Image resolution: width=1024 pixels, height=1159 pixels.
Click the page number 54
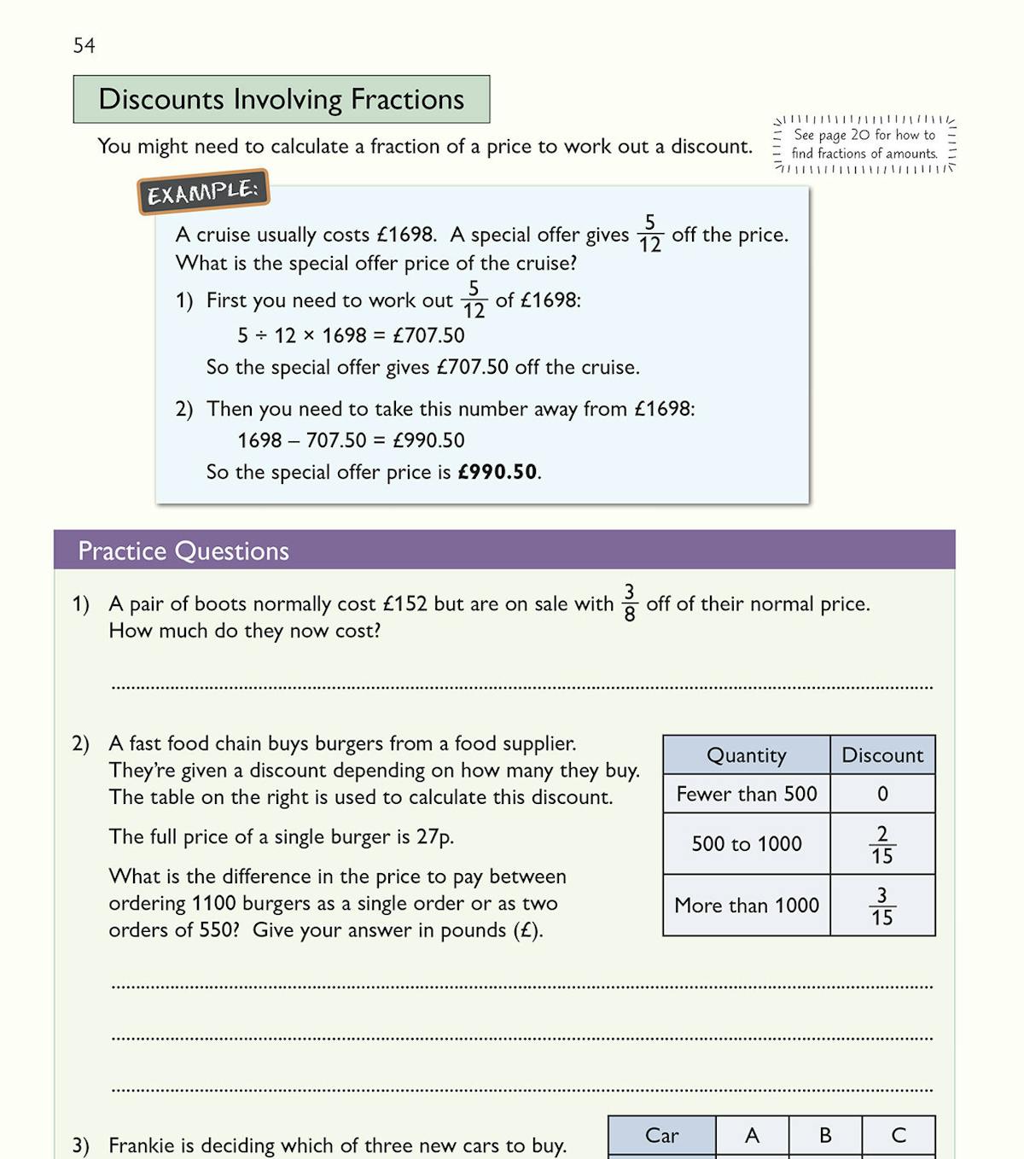point(84,45)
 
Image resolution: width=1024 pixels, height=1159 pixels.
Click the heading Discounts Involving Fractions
point(281,99)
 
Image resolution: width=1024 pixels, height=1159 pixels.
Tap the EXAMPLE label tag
point(203,192)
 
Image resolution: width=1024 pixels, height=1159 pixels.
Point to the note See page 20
point(864,144)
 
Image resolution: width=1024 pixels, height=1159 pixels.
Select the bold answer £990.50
point(497,472)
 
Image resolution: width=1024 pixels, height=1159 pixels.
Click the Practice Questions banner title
point(183,550)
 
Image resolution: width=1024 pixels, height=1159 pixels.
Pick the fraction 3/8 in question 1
point(630,603)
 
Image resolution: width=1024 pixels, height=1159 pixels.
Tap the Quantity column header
point(747,755)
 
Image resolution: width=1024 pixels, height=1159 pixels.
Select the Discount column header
point(882,755)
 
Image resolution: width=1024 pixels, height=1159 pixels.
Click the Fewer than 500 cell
point(747,794)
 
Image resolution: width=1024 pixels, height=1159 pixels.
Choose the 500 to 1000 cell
point(747,843)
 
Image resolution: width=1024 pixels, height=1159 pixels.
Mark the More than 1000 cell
point(747,905)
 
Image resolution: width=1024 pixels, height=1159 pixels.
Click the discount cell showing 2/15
point(882,844)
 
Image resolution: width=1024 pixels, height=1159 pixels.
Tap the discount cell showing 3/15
point(882,906)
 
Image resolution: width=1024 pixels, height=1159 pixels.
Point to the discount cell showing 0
point(882,794)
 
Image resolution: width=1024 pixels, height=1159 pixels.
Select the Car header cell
point(661,1135)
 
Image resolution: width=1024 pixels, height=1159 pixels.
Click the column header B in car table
point(825,1135)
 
